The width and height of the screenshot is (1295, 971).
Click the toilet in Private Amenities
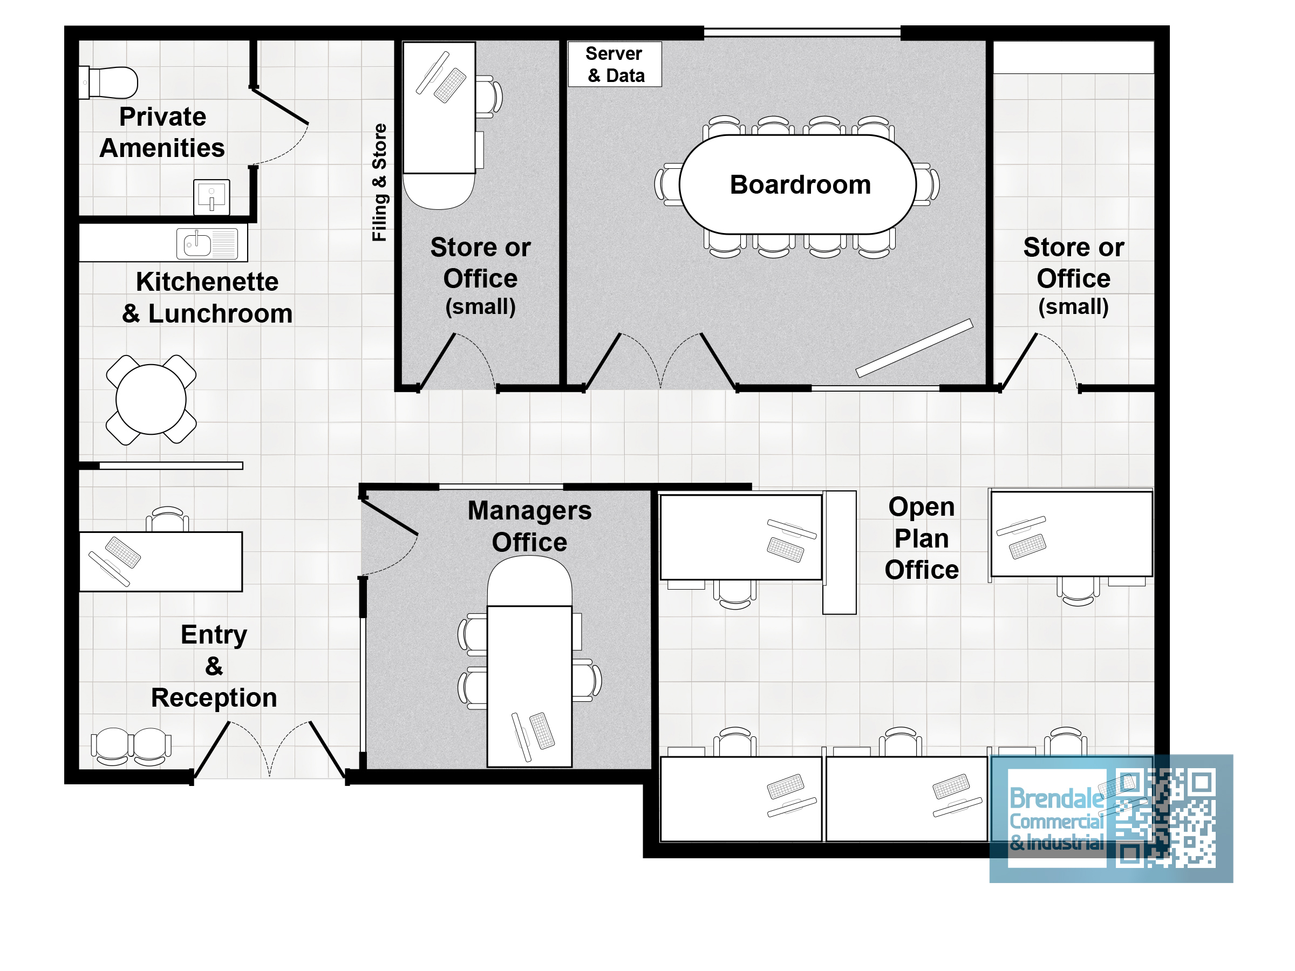108,83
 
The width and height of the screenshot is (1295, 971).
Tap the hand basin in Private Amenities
212,197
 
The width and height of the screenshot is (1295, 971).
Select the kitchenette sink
207,243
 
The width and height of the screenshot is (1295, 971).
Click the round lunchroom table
151,400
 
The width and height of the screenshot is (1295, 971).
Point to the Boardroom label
800,184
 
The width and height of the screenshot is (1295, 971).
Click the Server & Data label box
615,64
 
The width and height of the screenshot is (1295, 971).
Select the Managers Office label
529,526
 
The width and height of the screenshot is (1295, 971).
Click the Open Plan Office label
922,538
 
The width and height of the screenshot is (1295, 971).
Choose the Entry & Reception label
214,666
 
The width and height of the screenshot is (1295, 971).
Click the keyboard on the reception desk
123,552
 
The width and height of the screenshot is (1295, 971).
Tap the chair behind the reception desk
167,519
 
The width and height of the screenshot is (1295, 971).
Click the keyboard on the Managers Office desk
542,730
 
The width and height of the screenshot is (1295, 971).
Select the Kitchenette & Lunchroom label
207,297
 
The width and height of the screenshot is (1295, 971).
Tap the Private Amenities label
162,132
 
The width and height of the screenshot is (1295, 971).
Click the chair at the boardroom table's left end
667,184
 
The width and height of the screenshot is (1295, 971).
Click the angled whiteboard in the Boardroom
914,348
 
